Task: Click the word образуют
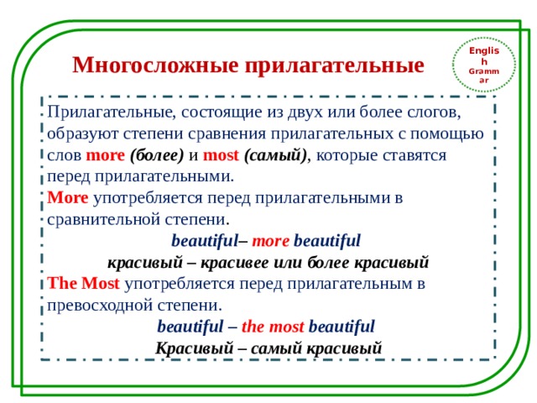click(81, 133)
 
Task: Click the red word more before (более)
click(105, 155)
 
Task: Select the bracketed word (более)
click(157, 155)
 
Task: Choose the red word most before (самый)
click(221, 155)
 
